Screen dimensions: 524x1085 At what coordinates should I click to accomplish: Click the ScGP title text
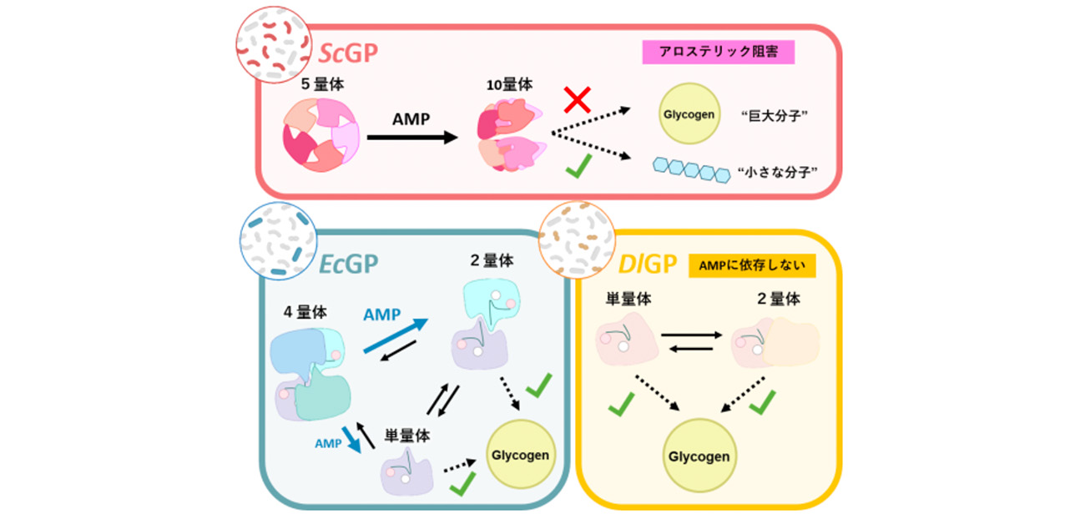(349, 53)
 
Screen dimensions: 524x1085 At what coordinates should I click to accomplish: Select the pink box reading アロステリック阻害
(718, 53)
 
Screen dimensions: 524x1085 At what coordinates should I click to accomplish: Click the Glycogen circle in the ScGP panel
(688, 114)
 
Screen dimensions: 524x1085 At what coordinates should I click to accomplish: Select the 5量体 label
(324, 83)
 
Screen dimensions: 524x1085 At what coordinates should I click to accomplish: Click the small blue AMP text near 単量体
(328, 444)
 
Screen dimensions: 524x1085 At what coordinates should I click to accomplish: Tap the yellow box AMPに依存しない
(751, 266)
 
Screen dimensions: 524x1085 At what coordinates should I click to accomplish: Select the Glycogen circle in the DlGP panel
(699, 456)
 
